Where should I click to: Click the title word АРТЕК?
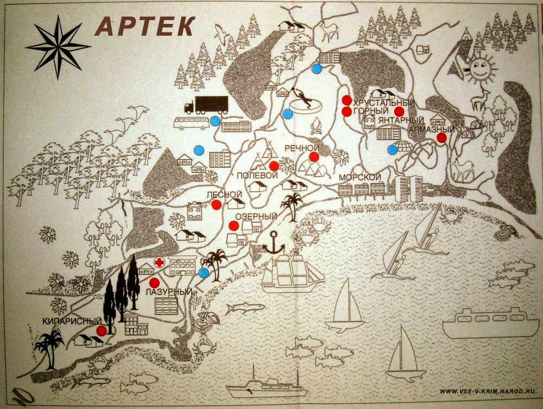click(146, 25)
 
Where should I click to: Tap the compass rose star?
click(58, 46)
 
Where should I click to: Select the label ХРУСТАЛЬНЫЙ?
click(383, 103)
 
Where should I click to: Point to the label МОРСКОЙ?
click(357, 178)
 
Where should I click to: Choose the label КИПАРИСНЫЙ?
click(65, 321)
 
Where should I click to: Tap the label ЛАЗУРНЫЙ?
click(168, 292)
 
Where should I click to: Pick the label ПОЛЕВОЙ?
click(257, 175)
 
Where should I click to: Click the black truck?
click(205, 104)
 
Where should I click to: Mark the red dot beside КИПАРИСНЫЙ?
click(101, 330)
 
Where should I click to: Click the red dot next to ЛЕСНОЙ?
click(217, 204)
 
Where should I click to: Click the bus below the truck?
click(191, 122)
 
